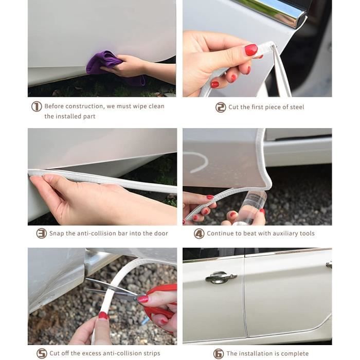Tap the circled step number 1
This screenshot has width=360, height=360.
click(37, 107)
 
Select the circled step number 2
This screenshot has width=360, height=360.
click(221, 107)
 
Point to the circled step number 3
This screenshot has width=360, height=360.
click(42, 233)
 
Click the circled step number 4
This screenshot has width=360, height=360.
click(199, 233)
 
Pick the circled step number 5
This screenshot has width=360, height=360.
click(42, 353)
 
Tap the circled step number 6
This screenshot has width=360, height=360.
click(219, 354)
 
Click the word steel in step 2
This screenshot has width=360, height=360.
click(296, 107)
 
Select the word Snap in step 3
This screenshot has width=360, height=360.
click(57, 233)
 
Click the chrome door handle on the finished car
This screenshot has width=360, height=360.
click(221, 277)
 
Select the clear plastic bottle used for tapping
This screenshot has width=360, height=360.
click(252, 207)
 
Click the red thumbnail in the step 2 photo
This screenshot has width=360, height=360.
click(251, 50)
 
